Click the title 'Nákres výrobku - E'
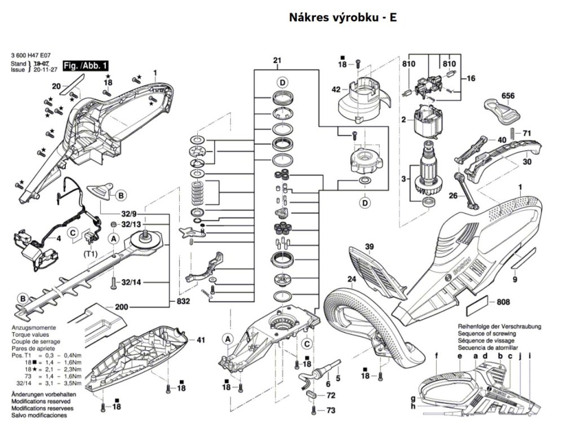tap(343, 17)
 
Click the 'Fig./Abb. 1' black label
tap(85, 66)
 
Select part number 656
tap(508, 96)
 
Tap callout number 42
tap(336, 89)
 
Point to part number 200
tap(121, 307)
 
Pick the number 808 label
tap(503, 303)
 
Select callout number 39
tap(369, 246)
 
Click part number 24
tap(352, 280)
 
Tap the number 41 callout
tap(201, 340)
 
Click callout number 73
tap(331, 410)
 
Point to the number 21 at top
tap(277, 60)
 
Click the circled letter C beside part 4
tap(73, 232)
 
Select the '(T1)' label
tap(90, 254)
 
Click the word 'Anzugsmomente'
tap(33, 328)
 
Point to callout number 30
tap(527, 161)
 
